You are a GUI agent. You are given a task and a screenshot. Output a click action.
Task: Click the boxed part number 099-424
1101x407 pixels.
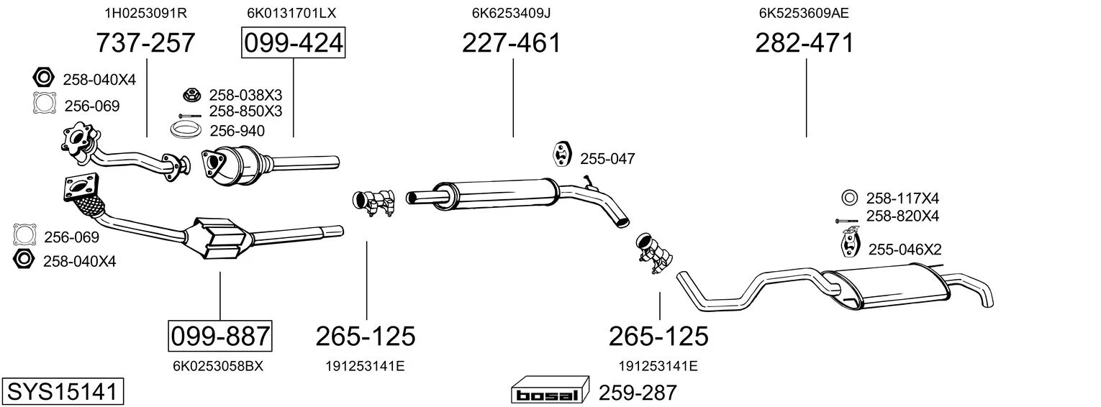(293, 42)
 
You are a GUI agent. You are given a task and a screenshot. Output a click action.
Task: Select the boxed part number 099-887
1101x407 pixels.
(219, 337)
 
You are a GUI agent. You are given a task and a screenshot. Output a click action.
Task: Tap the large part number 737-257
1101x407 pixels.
(145, 42)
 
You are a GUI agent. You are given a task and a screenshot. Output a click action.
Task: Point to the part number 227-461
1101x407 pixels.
(511, 42)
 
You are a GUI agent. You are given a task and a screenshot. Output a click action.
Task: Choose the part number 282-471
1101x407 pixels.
(805, 42)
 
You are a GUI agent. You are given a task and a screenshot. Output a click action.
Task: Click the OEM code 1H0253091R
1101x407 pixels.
(145, 13)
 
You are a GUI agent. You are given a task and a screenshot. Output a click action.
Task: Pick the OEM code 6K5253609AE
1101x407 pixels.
(804, 13)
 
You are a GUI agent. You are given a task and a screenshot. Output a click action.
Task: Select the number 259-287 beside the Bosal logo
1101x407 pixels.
(638, 393)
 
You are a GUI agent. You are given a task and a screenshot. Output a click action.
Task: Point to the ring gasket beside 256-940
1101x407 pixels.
(186, 129)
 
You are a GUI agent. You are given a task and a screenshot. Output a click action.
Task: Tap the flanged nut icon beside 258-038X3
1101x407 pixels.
(192, 94)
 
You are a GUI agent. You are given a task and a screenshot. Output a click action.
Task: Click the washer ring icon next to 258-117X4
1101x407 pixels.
(849, 198)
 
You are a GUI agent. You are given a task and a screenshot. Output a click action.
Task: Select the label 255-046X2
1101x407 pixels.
(905, 250)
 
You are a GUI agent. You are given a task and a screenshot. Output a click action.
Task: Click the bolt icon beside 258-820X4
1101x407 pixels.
(846, 221)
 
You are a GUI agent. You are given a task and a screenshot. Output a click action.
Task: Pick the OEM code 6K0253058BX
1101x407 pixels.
(218, 366)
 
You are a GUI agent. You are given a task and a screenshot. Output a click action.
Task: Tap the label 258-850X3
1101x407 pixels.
(246, 111)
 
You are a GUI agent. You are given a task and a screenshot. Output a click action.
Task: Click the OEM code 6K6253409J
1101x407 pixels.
(511, 13)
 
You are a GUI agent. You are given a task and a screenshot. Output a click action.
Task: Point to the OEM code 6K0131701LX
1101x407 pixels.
(291, 13)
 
